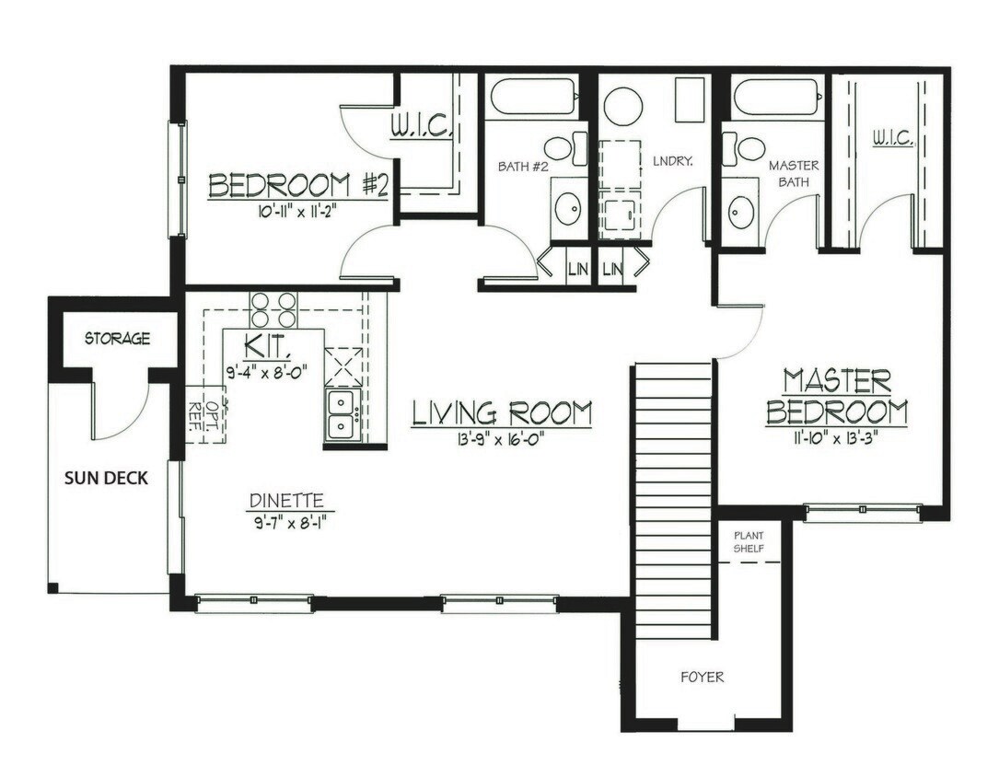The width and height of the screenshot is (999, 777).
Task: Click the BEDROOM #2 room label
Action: click(297, 185)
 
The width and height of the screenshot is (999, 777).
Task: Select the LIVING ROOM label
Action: click(501, 413)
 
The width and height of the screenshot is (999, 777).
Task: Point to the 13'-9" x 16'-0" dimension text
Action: click(501, 439)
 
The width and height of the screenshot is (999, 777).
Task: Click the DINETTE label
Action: click(285, 502)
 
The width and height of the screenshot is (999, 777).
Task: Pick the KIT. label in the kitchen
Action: click(271, 348)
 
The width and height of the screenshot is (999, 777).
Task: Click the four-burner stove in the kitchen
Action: click(274, 309)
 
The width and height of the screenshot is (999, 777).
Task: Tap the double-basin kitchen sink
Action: click(343, 416)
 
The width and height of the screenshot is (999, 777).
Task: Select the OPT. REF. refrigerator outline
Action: click(204, 414)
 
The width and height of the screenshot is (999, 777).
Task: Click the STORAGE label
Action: click(117, 339)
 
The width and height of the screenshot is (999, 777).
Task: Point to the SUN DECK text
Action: click(106, 478)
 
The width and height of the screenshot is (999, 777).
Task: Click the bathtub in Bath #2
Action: click(534, 98)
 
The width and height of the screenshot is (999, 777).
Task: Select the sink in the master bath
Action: click(741, 213)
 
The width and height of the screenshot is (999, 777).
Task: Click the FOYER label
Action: click(702, 678)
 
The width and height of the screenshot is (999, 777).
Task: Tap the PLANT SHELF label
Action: click(749, 541)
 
